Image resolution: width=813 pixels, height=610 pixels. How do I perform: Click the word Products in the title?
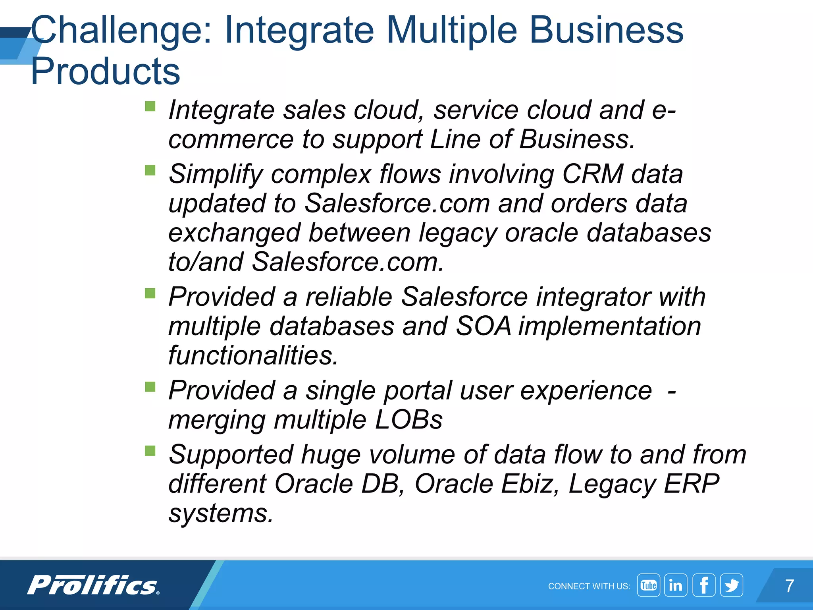coord(106,71)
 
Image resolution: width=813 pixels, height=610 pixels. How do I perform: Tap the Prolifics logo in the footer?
coord(93,585)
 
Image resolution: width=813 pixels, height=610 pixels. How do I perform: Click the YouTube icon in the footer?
coord(648,585)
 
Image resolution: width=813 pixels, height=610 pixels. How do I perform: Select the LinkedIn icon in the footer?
coord(676,585)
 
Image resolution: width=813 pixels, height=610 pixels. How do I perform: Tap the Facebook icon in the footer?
coord(704,585)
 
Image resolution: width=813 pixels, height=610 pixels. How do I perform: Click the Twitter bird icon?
coord(732,585)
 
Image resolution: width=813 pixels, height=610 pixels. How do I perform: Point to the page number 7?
coord(790,586)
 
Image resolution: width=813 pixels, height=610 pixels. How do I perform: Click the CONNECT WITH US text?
coord(589,586)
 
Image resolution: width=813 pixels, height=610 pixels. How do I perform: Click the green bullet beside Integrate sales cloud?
coord(150,106)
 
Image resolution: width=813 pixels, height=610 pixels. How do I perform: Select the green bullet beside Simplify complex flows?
coord(150,170)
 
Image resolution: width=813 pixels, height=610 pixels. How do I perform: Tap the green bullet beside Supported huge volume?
coord(150,451)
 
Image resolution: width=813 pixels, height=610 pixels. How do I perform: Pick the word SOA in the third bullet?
coord(483,326)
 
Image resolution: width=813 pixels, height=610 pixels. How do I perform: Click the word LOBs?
coord(408,420)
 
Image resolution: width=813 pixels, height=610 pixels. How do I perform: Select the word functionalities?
coord(253,355)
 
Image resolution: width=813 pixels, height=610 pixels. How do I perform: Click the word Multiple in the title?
coord(451,31)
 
